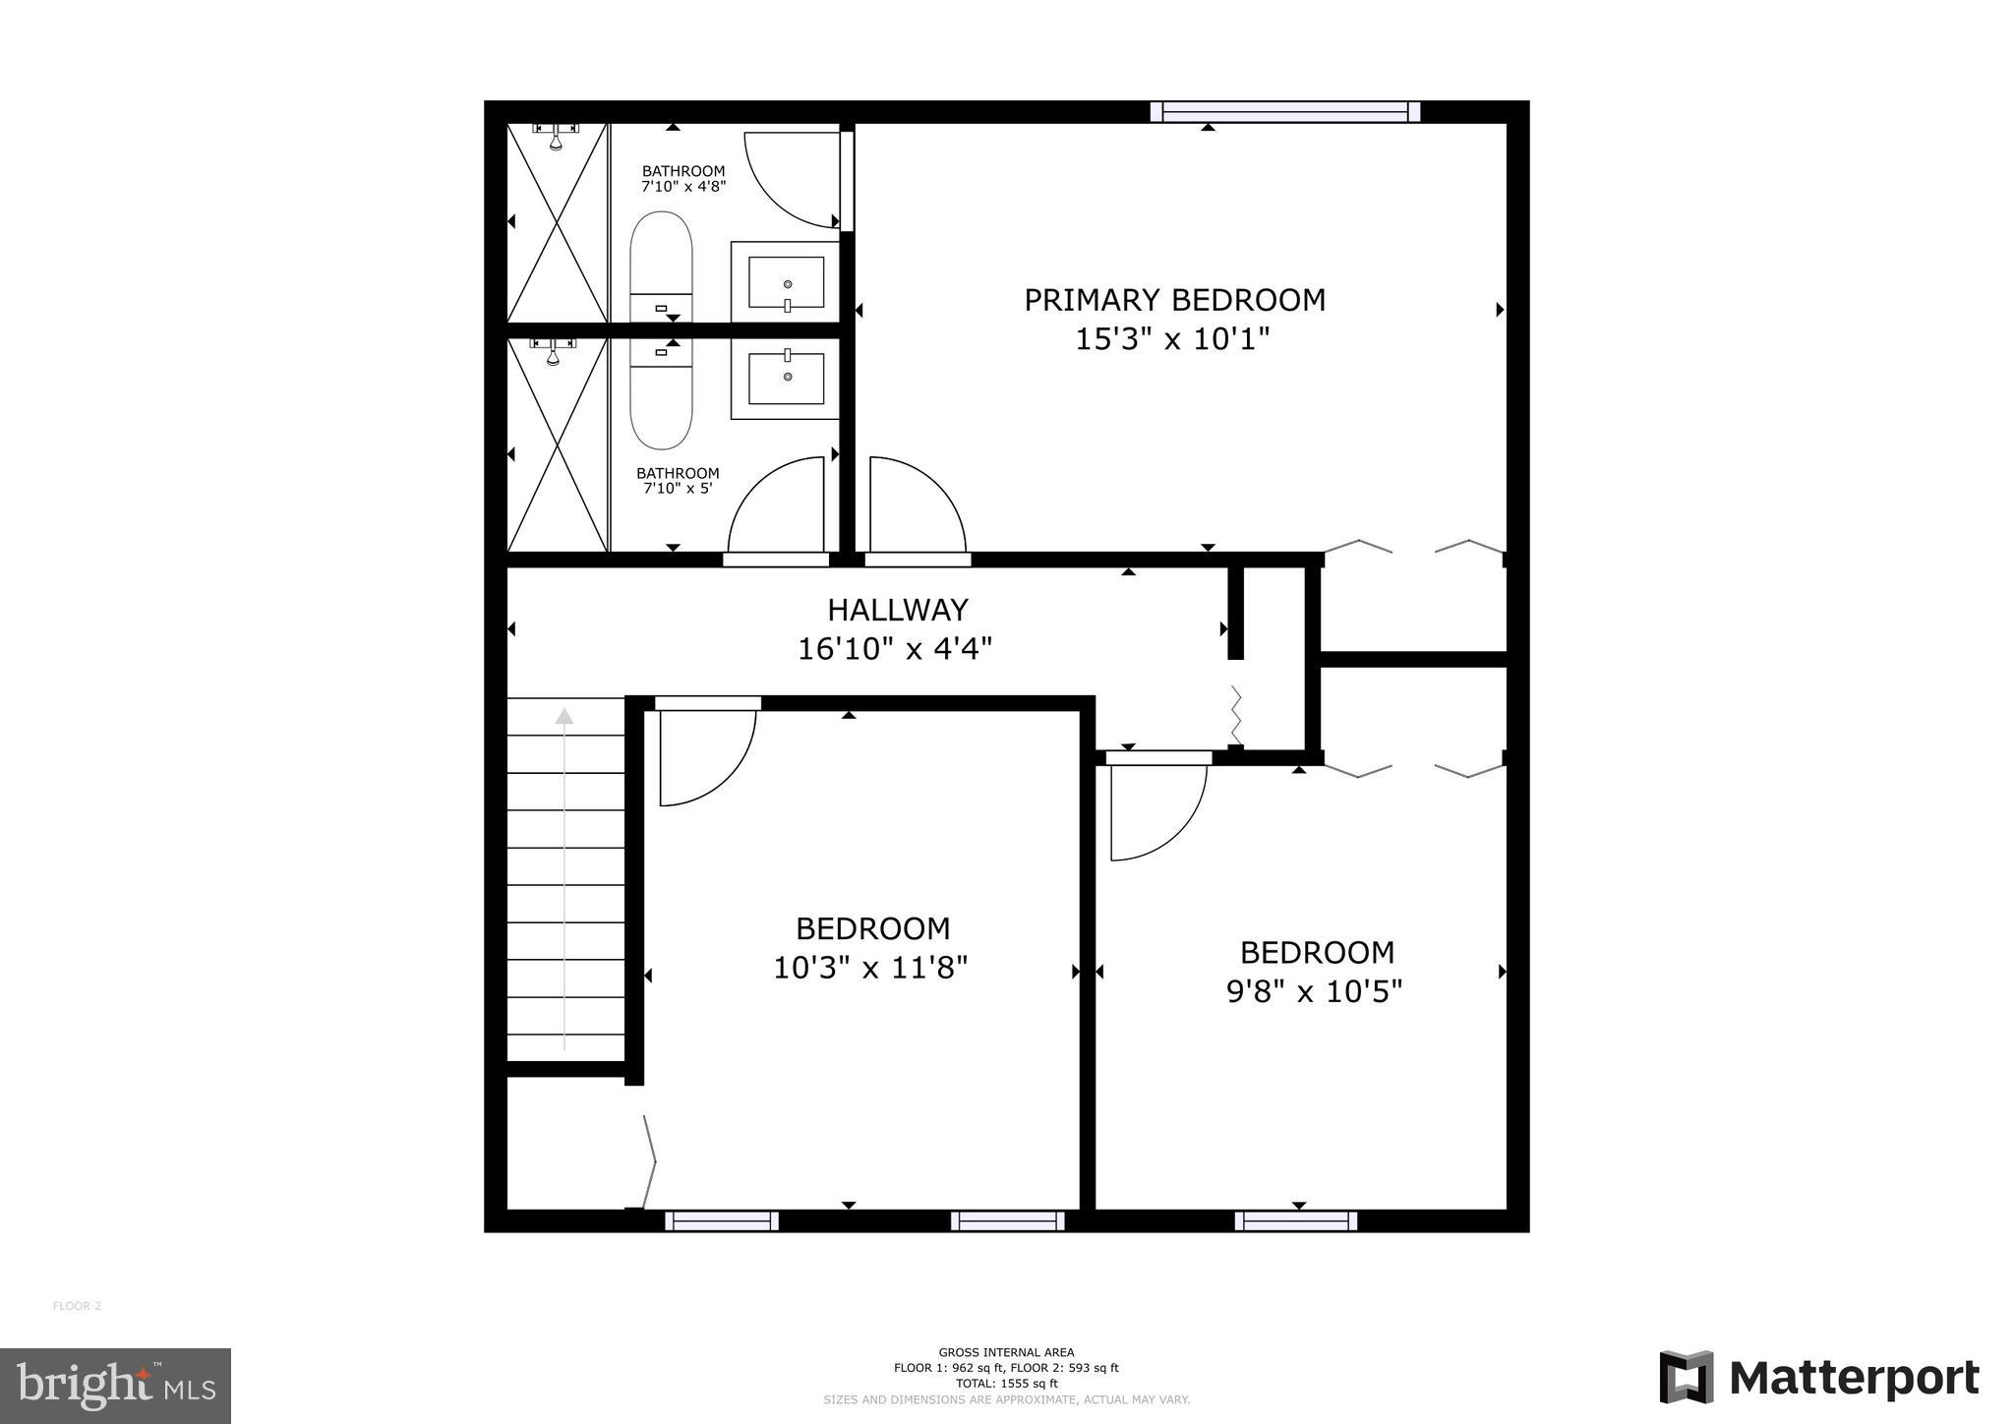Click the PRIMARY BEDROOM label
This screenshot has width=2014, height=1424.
pyautogui.click(x=1174, y=300)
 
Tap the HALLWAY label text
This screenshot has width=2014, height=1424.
pyautogui.click(x=898, y=611)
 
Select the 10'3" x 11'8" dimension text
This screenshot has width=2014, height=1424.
pyautogui.click(x=870, y=969)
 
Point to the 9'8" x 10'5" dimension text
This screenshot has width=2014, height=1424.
pyautogui.click(x=1314, y=992)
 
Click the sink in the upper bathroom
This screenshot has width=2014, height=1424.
pyautogui.click(x=786, y=282)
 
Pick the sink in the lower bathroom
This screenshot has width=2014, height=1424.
pyautogui.click(x=786, y=379)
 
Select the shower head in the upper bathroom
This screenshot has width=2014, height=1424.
pyautogui.click(x=556, y=138)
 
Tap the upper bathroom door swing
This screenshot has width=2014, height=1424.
pyautogui.click(x=792, y=177)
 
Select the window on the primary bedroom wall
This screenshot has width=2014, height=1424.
pyautogui.click(x=1285, y=112)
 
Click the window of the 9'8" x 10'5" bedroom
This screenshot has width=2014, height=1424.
pyautogui.click(x=1296, y=1221)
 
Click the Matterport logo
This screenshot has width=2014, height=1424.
pyautogui.click(x=1819, y=1378)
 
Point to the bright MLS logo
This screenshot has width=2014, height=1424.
pyautogui.click(x=115, y=1386)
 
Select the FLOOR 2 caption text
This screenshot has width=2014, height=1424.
pyautogui.click(x=77, y=1306)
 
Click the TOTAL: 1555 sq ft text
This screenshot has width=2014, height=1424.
pyautogui.click(x=1006, y=1383)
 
